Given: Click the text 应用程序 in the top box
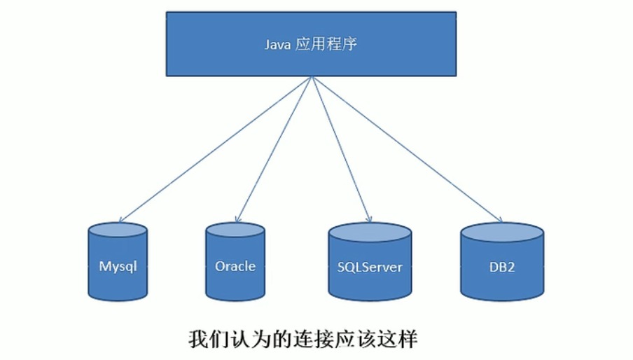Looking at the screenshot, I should (328, 44).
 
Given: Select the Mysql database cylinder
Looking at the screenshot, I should (118, 263).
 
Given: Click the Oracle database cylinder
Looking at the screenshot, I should (235, 263).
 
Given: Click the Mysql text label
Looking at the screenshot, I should (118, 267).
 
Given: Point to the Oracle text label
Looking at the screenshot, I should (235, 266).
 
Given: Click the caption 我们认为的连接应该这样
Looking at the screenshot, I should (302, 340).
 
